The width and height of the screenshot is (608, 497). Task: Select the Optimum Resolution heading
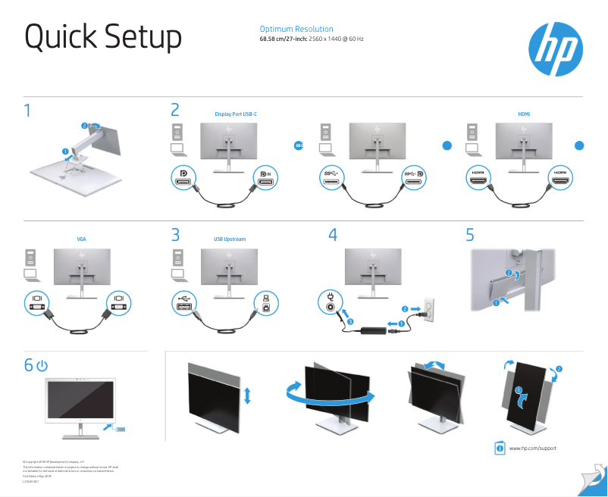(296, 29)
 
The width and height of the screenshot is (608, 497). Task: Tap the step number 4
(332, 235)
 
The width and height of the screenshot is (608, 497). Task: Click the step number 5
(470, 235)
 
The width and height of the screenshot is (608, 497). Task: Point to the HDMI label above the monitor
(524, 114)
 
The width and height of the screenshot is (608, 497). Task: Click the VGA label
(82, 239)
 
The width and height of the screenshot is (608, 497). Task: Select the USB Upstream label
(230, 239)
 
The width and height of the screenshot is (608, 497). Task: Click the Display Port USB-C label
(236, 114)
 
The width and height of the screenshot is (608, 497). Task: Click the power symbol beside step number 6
(42, 366)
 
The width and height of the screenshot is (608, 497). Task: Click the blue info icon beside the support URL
(500, 449)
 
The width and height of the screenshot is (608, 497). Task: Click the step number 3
(176, 235)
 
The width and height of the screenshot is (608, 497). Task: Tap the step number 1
(28, 111)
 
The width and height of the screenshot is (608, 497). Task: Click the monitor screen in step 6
(82, 402)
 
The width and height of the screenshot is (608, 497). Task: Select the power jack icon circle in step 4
(330, 308)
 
